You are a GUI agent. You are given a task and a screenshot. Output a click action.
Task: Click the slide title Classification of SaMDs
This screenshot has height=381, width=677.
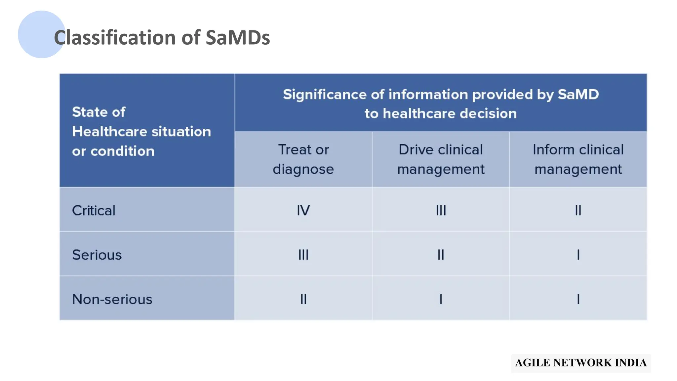point(162,37)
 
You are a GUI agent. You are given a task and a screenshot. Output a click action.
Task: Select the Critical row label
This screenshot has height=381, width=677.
point(94,211)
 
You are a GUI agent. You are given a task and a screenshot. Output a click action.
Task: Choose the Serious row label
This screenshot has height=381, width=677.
point(97,255)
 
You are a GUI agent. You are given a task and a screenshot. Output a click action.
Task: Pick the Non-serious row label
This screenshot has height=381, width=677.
point(112,299)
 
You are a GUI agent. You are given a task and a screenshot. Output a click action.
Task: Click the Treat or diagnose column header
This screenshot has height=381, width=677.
point(303,159)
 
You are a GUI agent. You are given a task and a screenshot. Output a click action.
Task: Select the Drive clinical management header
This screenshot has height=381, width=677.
point(441,159)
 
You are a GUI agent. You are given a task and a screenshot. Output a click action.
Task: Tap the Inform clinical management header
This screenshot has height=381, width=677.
point(578,159)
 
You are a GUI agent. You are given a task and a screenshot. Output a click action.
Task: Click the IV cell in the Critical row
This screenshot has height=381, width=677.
point(303,211)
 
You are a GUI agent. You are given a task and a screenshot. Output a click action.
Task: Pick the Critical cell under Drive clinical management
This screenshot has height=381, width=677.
point(441,211)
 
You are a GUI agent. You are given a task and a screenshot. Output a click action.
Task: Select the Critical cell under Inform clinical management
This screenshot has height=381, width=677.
point(578,211)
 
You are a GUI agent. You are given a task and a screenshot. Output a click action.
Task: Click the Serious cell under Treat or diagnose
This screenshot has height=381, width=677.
point(303,255)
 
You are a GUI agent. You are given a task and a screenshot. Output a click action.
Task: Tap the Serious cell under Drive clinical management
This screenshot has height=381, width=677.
point(441,255)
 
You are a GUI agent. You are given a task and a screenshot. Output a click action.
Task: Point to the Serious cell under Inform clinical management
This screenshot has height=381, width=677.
point(578,255)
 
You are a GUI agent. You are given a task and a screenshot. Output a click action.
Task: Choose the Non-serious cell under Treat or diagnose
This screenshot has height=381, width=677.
point(303,299)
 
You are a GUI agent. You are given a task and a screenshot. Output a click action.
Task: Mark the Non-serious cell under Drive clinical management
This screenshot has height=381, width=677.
point(441,299)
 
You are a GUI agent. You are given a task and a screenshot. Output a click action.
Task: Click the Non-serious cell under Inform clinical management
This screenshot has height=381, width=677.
point(578,299)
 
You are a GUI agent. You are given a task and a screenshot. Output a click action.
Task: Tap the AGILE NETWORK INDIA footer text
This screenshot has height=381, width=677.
point(581,363)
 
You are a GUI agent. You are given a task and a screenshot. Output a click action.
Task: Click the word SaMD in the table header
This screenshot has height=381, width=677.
point(578,95)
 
